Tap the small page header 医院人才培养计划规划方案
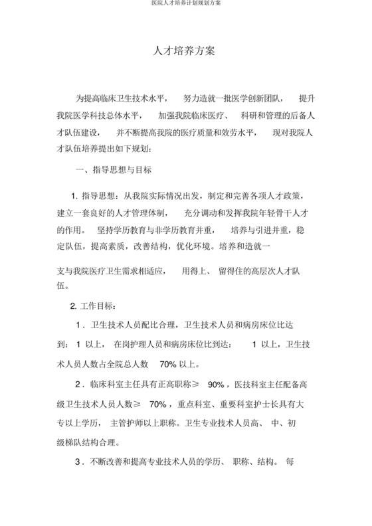click(185, 4)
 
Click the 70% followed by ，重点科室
click(157, 403)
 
